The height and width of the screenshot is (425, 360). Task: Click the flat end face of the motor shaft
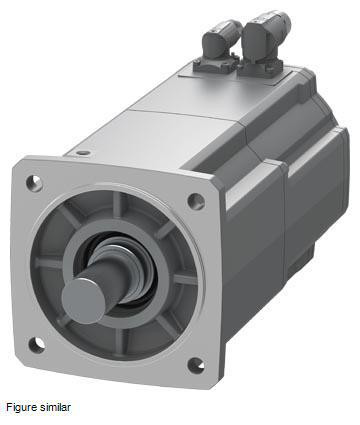click(83, 301)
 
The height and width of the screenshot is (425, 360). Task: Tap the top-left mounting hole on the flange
click(34, 183)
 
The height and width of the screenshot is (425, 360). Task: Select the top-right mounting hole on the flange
click(196, 201)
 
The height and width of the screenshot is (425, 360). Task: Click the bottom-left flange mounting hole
click(36, 345)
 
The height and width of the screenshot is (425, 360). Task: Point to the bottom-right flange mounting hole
click(196, 365)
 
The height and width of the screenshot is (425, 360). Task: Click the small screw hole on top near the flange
click(83, 153)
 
